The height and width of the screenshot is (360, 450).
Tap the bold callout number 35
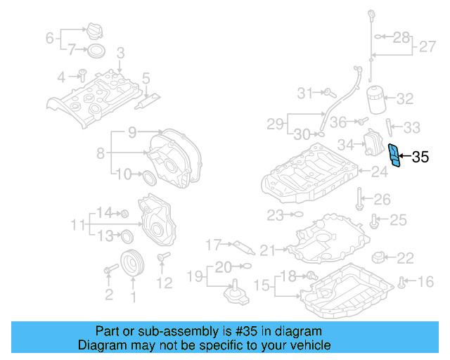click(420, 157)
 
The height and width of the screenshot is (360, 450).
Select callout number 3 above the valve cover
click(120, 52)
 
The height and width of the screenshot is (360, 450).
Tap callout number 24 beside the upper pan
click(379, 171)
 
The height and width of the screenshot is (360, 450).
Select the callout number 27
click(427, 47)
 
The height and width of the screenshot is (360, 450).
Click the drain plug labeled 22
click(380, 257)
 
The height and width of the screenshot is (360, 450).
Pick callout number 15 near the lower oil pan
click(261, 285)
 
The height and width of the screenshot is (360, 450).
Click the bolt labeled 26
click(359, 199)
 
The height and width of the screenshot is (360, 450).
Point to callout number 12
click(164, 283)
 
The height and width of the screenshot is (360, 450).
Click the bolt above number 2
click(110, 270)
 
